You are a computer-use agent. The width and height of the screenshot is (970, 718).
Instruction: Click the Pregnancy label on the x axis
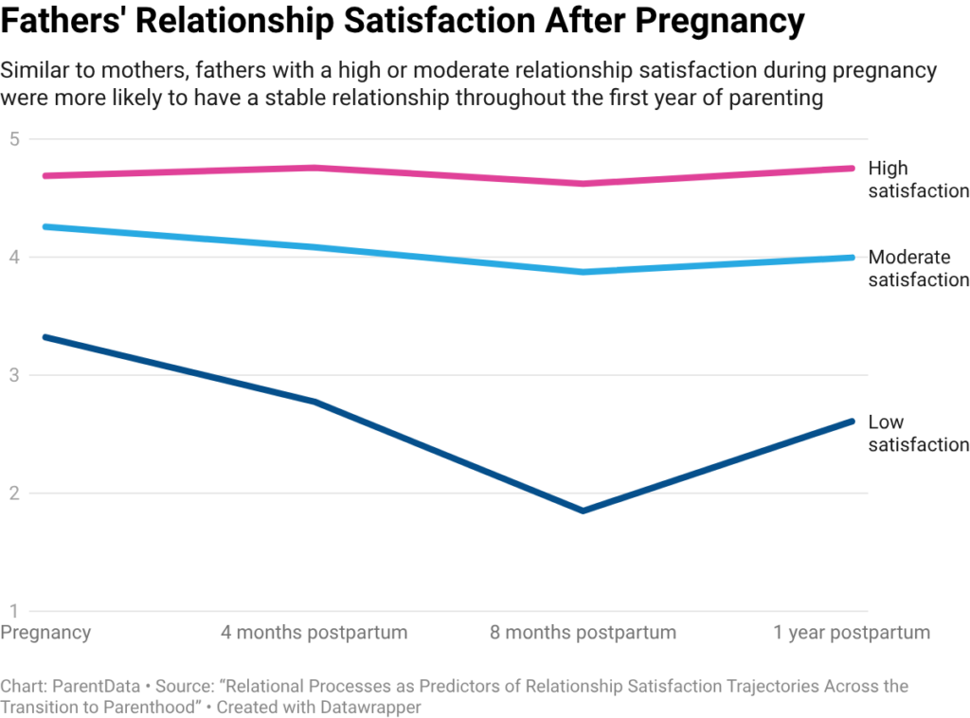click(45, 633)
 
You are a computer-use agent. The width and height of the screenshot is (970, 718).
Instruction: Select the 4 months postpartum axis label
click(314, 633)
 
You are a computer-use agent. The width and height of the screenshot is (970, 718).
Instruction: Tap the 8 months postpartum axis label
click(583, 633)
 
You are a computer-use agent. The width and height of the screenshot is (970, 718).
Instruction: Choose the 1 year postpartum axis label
click(852, 633)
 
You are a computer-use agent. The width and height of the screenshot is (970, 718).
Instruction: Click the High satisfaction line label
click(917, 180)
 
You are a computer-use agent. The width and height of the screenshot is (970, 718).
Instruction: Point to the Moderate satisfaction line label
click(917, 268)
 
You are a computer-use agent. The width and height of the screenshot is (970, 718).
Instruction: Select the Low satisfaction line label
click(917, 434)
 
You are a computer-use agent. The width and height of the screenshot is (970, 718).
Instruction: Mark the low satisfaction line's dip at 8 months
click(583, 511)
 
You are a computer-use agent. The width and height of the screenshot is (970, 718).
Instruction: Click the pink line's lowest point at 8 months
click(583, 183)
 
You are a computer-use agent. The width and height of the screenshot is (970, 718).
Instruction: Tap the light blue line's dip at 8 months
click(583, 272)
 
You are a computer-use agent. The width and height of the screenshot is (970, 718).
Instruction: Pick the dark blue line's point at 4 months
click(314, 402)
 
